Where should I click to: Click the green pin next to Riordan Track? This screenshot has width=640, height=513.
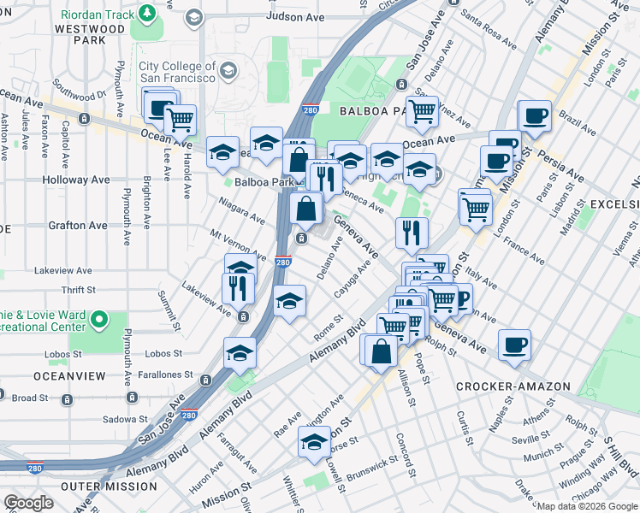coord(148,12)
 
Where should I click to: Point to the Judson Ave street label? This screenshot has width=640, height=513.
coord(296,16)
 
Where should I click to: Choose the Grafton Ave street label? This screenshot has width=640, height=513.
coord(80,226)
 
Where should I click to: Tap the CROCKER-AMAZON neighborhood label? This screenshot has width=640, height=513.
coord(513,386)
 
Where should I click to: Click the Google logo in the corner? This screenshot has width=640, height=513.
coord(28,503)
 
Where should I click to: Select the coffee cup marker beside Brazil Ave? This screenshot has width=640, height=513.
coord(536,116)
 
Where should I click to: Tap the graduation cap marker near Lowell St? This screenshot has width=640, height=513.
coord(314,442)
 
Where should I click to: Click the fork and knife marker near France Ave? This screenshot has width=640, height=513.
coord(412,232)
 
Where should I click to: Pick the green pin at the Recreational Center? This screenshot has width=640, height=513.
coord(98,320)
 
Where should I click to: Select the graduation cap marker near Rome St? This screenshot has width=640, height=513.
coord(290,300)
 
